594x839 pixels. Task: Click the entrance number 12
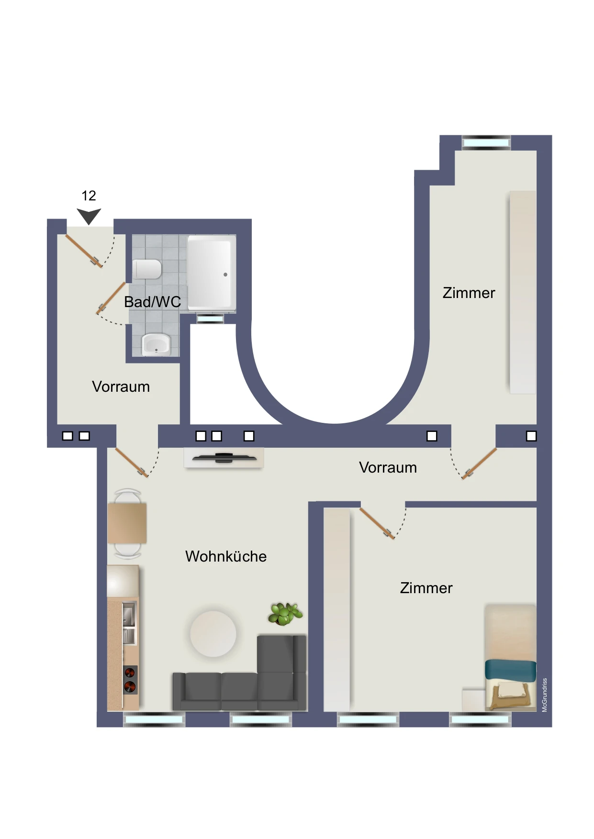tap(89, 196)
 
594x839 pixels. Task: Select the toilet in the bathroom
tap(147, 269)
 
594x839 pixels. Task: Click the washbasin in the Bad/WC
tap(156, 344)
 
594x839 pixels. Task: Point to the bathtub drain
tap(225, 275)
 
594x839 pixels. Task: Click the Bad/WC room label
tap(152, 302)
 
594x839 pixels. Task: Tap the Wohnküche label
tap(226, 556)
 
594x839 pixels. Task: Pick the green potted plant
tap(285, 614)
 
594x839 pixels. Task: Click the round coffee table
tap(213, 634)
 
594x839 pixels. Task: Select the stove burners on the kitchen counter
tap(130, 680)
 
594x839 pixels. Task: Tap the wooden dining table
tap(127, 523)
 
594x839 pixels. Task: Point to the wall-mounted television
tap(224, 458)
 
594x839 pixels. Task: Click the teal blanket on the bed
tap(511, 670)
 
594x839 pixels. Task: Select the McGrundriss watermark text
tap(544, 695)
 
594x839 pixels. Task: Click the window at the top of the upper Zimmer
tap(486, 142)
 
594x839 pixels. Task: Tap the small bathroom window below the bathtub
tap(210, 318)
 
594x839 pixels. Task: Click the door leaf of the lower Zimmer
tap(377, 524)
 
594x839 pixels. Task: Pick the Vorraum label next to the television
tap(388, 467)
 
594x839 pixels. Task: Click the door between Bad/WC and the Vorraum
tap(111, 298)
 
